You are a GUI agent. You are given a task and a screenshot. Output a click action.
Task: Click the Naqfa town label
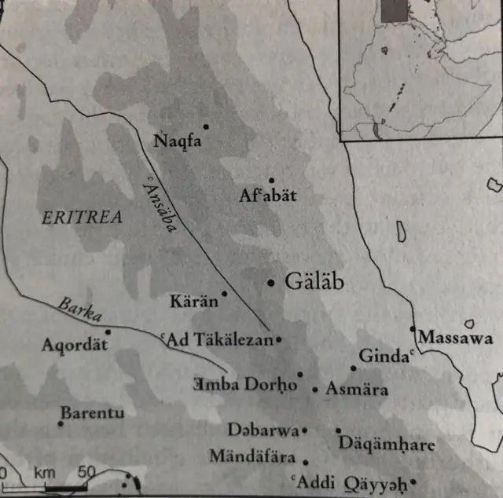178,141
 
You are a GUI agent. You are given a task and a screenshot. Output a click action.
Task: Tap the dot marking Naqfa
207,126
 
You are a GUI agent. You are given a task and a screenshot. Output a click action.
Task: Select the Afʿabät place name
268,196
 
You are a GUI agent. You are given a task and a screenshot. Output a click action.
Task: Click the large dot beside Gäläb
272,282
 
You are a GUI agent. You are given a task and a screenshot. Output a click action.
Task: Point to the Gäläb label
314,282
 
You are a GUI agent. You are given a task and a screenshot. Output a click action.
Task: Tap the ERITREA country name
82,218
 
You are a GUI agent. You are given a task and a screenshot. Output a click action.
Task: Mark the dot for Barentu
61,424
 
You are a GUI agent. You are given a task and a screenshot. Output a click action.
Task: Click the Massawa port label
456,339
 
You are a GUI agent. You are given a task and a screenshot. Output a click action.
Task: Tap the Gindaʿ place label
385,356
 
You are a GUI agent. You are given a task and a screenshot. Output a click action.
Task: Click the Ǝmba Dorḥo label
245,384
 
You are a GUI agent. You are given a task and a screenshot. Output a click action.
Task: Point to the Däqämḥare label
387,445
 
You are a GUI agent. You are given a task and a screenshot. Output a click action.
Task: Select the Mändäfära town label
252,456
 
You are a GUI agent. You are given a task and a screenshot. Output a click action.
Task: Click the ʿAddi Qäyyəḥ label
349,481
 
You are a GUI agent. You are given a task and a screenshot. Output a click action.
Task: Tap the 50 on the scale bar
86,473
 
